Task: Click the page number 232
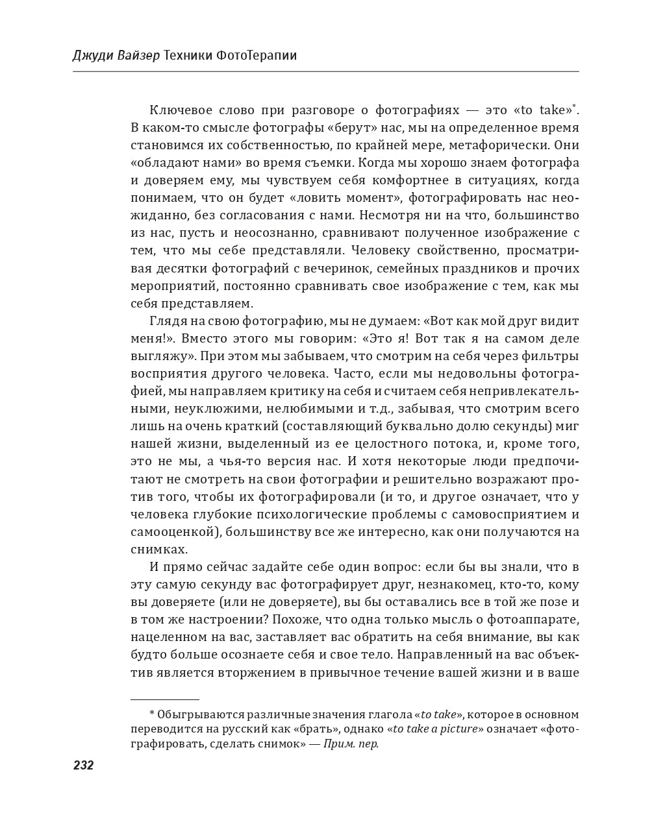click(x=83, y=766)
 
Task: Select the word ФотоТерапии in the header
click(x=258, y=55)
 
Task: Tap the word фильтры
click(x=553, y=356)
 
